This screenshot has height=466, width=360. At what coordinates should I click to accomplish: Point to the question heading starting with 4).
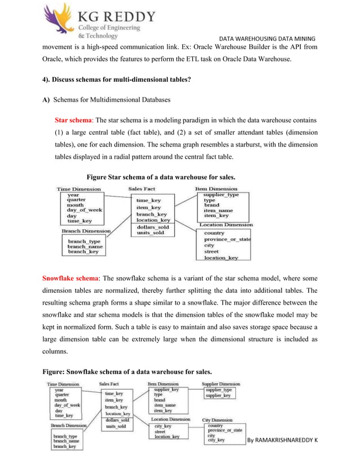(x=117, y=80)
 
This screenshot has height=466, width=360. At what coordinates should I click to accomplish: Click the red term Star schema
(x=73, y=120)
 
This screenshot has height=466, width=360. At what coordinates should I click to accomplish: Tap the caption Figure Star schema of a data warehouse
(x=161, y=177)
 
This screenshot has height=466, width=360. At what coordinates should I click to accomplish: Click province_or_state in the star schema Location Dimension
(x=227, y=239)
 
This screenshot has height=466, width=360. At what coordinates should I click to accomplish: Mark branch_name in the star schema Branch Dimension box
(x=85, y=247)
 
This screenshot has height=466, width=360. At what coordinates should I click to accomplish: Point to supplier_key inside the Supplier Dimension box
(x=218, y=396)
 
